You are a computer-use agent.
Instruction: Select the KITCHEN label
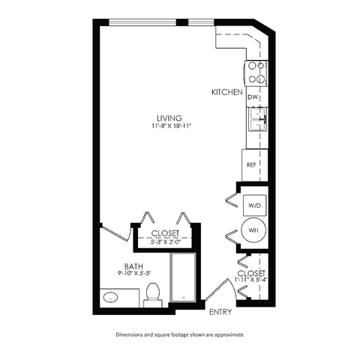coord(226,92)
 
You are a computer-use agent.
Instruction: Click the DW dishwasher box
coord(253,97)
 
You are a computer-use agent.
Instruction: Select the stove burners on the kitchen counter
coord(256,71)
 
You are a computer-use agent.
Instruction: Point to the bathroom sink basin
coord(114,298)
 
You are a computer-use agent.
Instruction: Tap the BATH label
coord(135,265)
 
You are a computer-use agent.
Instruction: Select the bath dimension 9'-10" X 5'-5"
coord(135,274)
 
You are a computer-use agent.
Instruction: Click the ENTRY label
coord(220,311)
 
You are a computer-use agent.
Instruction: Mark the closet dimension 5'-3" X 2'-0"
coord(165,241)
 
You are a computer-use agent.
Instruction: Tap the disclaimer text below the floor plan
coord(180,334)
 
